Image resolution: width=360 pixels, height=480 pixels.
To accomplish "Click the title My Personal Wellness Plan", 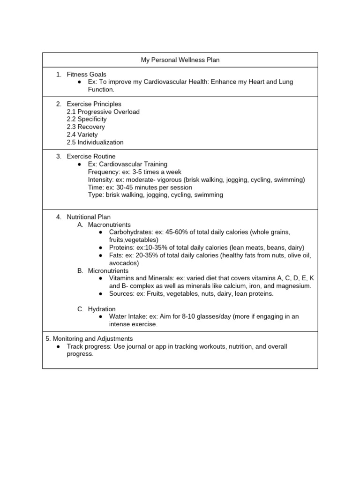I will coord(180,60).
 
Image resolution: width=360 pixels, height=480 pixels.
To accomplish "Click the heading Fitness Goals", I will coord(86,74).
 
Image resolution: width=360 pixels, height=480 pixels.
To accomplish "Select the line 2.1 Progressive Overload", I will coord(103,112).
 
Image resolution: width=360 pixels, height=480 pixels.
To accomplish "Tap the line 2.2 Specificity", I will coord(87,119).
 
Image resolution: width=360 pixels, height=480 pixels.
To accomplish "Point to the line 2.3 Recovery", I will coord(86,127).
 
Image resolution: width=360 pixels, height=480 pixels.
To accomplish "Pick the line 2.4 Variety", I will coord(82,135).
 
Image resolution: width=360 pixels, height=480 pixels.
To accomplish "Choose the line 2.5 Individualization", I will coord(95,142).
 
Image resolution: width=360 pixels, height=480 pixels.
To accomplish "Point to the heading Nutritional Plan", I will coord(89,217).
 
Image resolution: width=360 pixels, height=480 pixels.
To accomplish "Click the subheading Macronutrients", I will coord(109,225).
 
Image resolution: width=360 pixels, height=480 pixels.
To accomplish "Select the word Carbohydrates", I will coord(131,232).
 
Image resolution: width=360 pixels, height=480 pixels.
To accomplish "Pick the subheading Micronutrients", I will coord(108,270).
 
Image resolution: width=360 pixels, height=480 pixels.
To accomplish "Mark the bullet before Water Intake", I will coord(101,316).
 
